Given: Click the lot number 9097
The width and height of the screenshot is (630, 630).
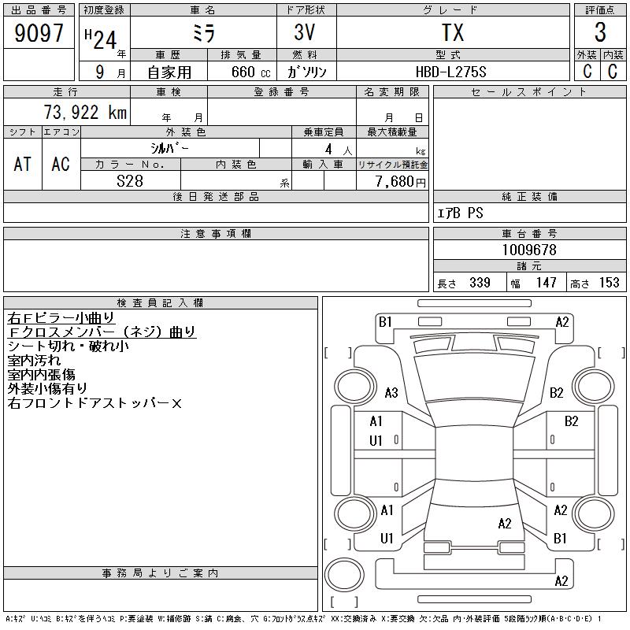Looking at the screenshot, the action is pos(39,33).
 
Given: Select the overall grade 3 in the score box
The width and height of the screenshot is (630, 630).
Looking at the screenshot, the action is pos(600,32).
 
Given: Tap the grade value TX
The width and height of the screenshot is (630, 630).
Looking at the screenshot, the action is pos(453,32).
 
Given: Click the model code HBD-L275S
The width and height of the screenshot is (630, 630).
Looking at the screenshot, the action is pos(450,72).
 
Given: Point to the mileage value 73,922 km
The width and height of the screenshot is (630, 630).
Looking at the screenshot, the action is pos(85,112).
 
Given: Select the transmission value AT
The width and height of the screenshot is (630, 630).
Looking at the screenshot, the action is pos(23,164).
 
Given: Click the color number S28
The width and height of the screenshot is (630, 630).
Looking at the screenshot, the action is pos(130,181).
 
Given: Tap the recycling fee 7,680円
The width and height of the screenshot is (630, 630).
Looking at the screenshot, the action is pos(400,181).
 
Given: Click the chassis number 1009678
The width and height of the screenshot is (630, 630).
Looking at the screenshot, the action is pos(529,250).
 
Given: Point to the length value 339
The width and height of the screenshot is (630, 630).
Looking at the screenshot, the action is pos(480,283).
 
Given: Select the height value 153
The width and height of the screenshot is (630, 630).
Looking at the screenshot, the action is pos(609,283).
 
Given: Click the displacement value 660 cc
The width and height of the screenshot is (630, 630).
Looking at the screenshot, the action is pos(250,72).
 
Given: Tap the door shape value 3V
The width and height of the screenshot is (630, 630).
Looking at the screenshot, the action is pos(305,32).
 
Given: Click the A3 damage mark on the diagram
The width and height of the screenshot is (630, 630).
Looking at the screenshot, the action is pos(391,392).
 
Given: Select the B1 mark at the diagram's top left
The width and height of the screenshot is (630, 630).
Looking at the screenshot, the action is pos(385,322).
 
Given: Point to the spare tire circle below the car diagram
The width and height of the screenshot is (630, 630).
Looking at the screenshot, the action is pos(344,574).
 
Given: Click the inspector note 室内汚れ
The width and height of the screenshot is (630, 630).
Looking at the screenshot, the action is pos(34,360).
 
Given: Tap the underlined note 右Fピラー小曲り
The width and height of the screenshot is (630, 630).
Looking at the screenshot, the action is pos(61,318).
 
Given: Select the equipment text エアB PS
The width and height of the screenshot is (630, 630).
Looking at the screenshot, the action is pos(460,213).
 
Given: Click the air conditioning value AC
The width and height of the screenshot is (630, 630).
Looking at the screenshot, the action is pos(61,164).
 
